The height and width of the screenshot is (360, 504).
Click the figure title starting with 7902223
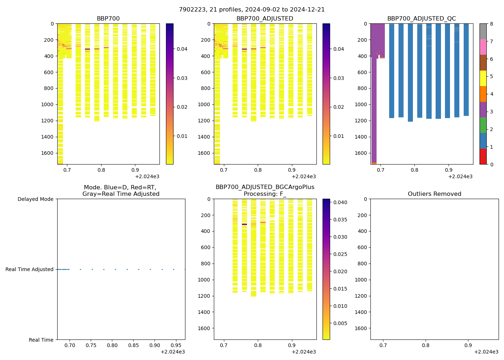point(252,10)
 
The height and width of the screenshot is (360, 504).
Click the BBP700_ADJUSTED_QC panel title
point(422,19)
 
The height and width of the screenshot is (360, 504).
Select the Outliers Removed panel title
point(434,194)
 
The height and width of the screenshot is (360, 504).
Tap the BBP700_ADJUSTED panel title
point(265,19)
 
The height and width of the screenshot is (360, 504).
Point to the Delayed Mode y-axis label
point(35,199)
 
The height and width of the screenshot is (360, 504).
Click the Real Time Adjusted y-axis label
point(30,269)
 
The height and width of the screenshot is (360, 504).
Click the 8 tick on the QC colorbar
point(491,24)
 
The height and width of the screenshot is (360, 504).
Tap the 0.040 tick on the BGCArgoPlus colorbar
point(340,202)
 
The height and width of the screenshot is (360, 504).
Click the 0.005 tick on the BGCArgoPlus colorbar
point(340,323)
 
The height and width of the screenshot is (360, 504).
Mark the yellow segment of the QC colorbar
point(483,78)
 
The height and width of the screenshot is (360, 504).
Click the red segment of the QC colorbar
point(483,157)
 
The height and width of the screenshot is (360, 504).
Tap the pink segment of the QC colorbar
point(483,47)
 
